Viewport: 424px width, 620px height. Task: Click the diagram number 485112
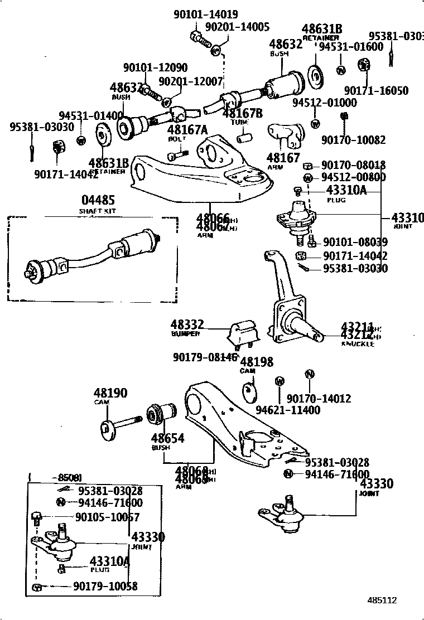pos(382,600)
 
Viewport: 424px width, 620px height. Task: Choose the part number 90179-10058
pos(105,587)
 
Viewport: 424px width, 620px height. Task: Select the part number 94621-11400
pos(288,410)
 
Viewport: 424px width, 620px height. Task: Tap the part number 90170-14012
pos(319,398)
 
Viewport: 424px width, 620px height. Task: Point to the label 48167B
pos(242,113)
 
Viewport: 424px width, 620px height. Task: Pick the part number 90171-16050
pos(375,90)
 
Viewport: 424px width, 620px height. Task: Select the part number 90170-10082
pos(353,140)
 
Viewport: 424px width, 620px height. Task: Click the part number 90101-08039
pos(355,242)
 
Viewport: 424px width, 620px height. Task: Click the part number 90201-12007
pos(190,81)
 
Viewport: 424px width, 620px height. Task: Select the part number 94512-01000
pos(324,103)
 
